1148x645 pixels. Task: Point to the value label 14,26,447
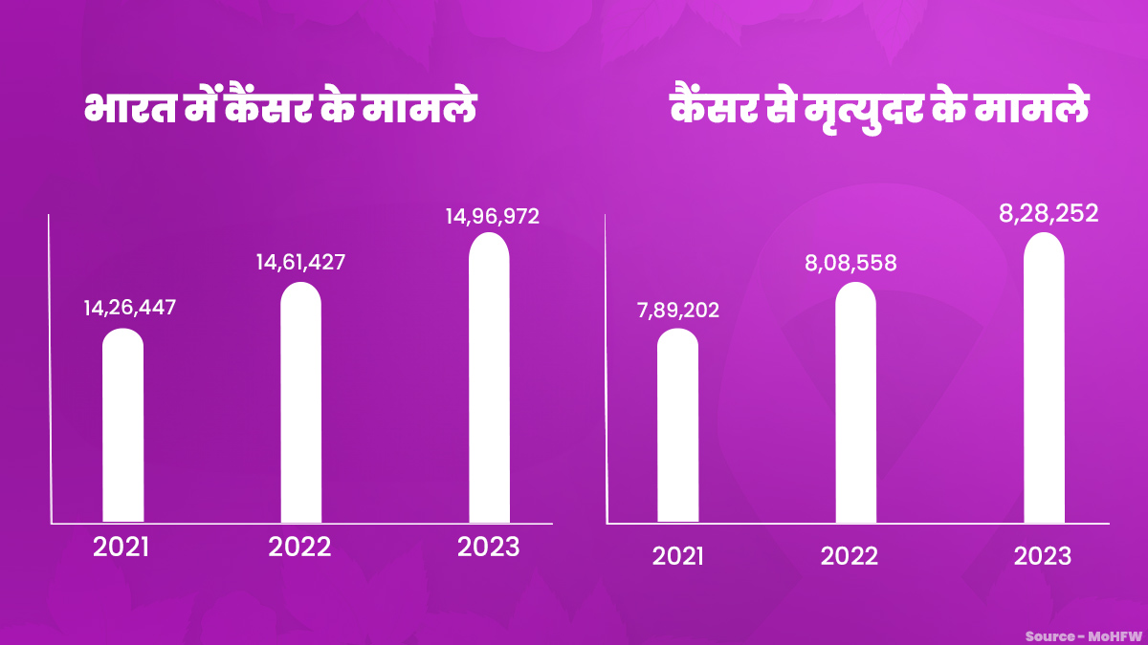pyautogui.click(x=130, y=309)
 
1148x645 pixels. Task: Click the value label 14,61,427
pyautogui.click(x=300, y=262)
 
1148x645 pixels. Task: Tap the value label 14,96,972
pyautogui.click(x=492, y=217)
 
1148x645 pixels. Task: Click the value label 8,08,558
pyautogui.click(x=850, y=263)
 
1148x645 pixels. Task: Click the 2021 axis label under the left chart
pyautogui.click(x=121, y=548)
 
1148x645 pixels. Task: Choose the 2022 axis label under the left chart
pyautogui.click(x=299, y=548)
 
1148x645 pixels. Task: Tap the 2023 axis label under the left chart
pyautogui.click(x=488, y=548)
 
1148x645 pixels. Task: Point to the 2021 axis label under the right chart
pyautogui.click(x=677, y=556)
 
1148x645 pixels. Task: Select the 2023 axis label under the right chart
pyautogui.click(x=1043, y=556)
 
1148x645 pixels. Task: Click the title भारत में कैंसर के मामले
pyautogui.click(x=280, y=108)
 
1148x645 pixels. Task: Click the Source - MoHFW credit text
pyautogui.click(x=1083, y=635)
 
